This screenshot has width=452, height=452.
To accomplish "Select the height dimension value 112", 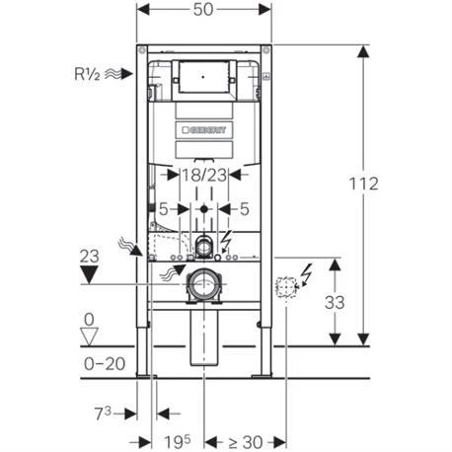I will [368, 185].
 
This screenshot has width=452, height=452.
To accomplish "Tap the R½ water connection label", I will [90, 72].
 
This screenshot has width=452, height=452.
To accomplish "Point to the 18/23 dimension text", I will [204, 176].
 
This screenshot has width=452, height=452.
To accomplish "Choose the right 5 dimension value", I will [245, 208].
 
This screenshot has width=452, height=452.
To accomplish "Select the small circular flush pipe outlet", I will [204, 243].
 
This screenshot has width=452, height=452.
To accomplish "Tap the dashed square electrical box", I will [287, 287].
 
